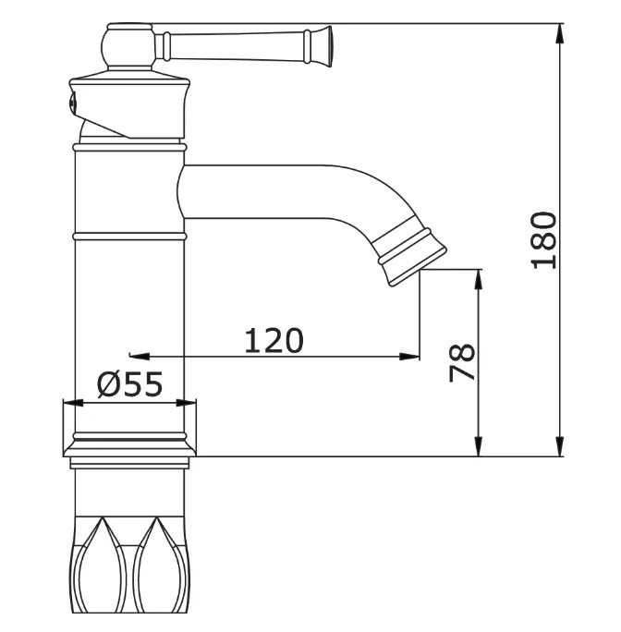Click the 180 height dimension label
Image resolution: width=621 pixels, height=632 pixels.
(x=544, y=240)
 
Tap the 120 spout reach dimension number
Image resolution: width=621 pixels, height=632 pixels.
(x=274, y=341)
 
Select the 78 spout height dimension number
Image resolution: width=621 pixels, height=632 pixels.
(x=462, y=362)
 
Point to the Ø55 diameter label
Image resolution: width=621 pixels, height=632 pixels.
(x=130, y=383)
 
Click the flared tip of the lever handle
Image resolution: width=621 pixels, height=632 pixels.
(x=323, y=46)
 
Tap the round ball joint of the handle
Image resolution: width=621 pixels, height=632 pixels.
(x=128, y=45)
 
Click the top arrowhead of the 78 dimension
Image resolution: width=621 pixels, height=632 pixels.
(x=478, y=279)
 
